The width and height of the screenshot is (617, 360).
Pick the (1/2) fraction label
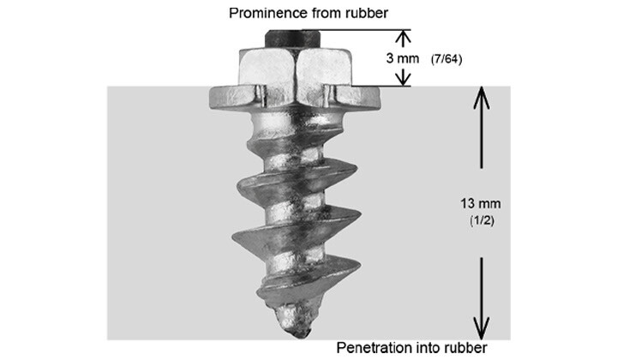(x=480, y=220)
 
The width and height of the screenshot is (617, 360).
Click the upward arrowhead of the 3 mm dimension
(x=402, y=37)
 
